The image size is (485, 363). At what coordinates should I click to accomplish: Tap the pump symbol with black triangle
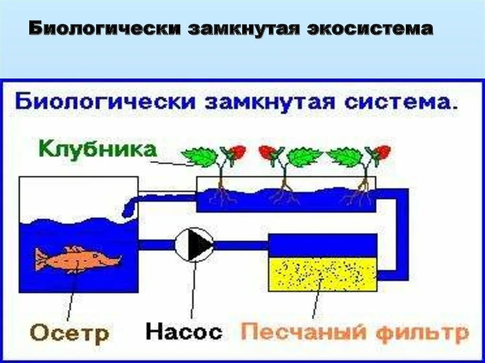195,244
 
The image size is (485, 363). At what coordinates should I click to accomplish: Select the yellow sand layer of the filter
323,274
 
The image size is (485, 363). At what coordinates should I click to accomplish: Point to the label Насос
184,332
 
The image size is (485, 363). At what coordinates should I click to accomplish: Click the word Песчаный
304,333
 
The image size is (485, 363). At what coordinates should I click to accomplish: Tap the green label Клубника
97,150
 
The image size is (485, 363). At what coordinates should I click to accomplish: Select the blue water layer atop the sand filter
323,246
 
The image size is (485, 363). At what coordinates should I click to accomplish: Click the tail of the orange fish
41,260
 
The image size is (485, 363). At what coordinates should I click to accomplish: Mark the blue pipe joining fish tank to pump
156,245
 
